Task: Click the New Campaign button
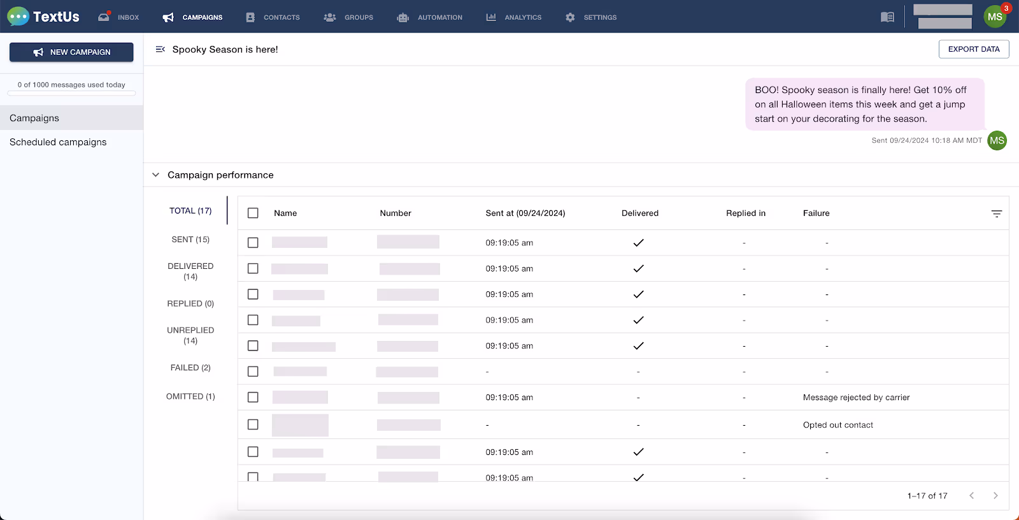pos(71,52)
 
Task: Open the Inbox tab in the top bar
pos(119,17)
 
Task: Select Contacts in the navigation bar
pos(273,17)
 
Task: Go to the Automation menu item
pos(430,17)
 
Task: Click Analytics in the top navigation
pos(514,17)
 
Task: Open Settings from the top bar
pos(591,17)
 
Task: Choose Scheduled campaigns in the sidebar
pos(58,142)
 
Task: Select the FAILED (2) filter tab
pos(190,368)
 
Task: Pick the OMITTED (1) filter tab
pos(190,396)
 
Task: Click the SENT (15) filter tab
pos(190,240)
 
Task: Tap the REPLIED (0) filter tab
pos(190,304)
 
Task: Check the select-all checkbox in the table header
pos(253,213)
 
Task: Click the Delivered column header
pos(640,213)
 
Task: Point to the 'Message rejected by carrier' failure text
pos(856,398)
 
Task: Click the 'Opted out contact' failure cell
pos(837,425)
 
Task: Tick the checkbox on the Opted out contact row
pos(253,424)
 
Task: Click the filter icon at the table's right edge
pos(997,213)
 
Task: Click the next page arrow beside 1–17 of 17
pos(995,496)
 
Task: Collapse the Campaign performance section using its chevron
pos(155,175)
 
